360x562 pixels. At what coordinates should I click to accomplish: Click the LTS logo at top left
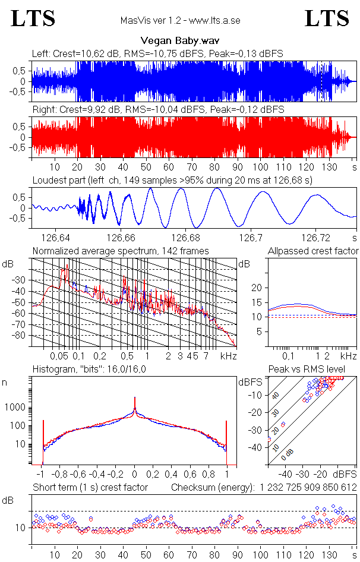(33, 18)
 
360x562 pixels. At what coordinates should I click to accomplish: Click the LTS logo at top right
(327, 18)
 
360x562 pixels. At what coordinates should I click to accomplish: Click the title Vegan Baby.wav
(180, 41)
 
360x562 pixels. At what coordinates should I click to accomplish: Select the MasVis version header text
(180, 21)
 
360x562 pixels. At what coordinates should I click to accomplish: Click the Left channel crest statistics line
(157, 53)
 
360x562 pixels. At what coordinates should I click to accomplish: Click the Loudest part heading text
(172, 179)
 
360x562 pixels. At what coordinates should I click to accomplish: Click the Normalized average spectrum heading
(121, 251)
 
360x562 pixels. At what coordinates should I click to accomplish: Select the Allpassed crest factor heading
(313, 251)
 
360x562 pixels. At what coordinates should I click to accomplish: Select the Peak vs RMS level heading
(313, 370)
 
